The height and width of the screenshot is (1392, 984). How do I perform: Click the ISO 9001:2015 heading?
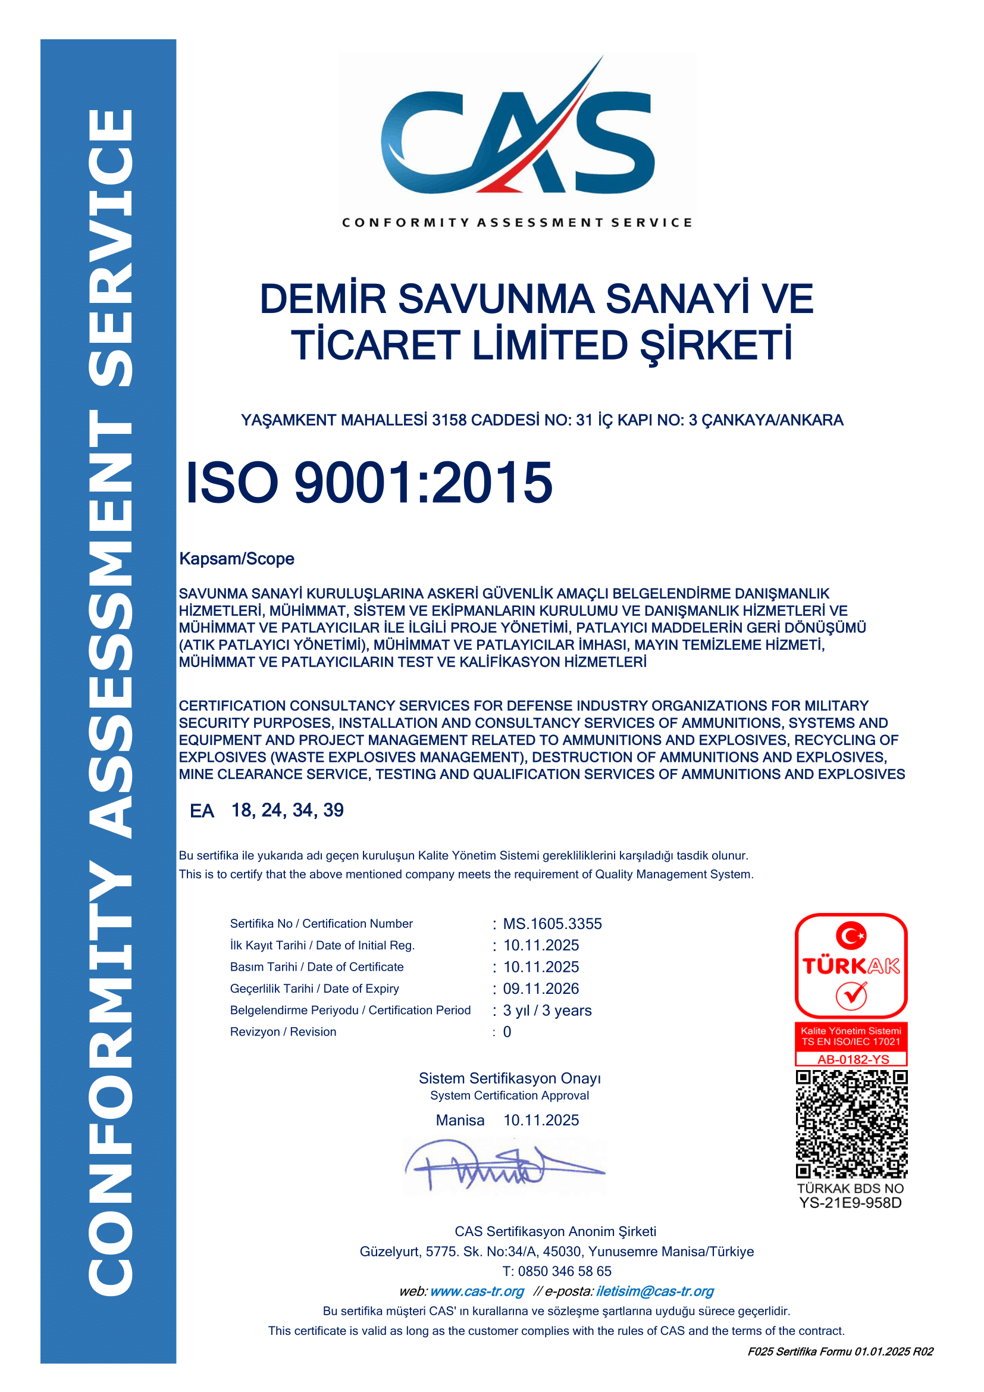(x=368, y=483)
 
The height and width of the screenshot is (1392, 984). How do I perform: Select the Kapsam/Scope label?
(x=236, y=558)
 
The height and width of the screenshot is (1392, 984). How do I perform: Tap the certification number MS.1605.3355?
(x=552, y=924)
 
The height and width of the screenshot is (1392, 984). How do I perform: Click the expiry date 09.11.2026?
(x=540, y=989)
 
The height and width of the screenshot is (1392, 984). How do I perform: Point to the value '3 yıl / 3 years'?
(x=547, y=1010)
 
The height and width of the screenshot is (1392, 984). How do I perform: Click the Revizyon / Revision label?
(x=283, y=1031)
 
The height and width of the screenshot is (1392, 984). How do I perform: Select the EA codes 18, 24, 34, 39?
(x=287, y=810)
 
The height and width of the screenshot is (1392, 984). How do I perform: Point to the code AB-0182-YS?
(x=853, y=1059)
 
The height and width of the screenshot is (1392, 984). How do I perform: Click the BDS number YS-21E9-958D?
(x=850, y=1203)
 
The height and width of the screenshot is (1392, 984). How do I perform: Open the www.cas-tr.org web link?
(x=477, y=1291)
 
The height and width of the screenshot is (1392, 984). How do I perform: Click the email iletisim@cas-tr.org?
(x=654, y=1291)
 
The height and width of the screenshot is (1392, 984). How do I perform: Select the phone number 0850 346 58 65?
(x=564, y=1271)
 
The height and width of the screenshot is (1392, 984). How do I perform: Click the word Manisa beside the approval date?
(x=460, y=1120)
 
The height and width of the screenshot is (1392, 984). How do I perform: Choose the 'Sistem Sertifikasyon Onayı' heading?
(x=510, y=1078)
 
